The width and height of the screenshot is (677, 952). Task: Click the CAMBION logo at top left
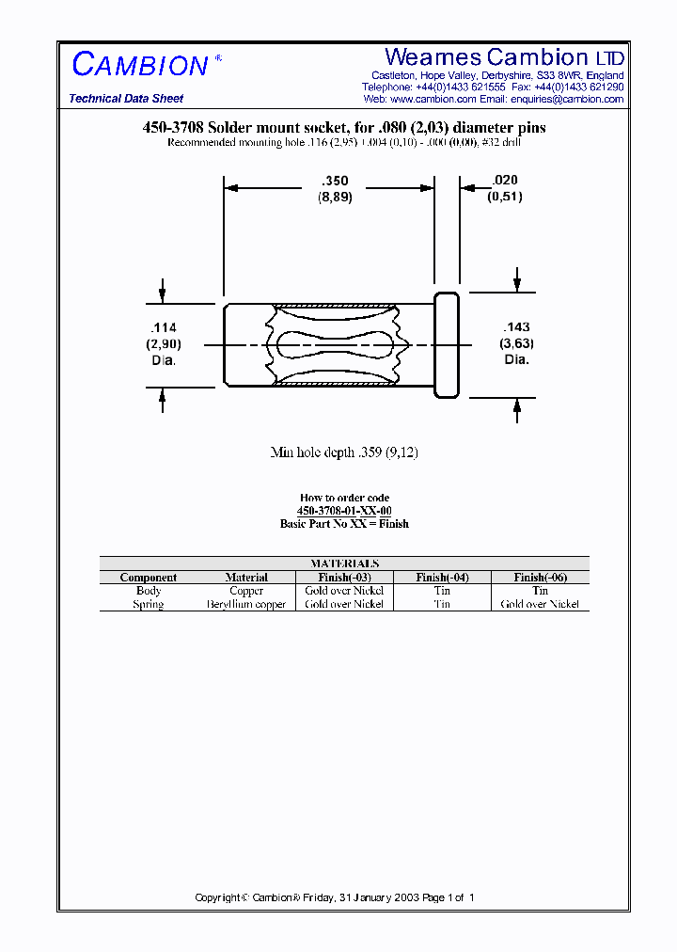141,65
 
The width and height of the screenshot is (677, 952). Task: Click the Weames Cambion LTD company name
504,57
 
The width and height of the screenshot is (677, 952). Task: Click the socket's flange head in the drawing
446,344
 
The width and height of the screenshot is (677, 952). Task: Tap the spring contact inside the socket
334,345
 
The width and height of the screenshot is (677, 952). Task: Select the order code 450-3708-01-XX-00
344,510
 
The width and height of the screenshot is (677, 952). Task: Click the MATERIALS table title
344,563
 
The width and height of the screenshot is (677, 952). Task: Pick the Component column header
149,578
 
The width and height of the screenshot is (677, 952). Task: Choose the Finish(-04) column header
442,578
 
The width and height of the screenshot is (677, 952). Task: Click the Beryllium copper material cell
246,604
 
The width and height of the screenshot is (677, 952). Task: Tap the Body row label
149,591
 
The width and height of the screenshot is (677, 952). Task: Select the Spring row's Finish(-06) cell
540,604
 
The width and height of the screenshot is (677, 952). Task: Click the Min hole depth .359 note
344,452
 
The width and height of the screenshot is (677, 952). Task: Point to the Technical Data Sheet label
126,99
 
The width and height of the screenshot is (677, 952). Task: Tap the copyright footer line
335,897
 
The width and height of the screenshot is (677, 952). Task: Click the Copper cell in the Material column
246,591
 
